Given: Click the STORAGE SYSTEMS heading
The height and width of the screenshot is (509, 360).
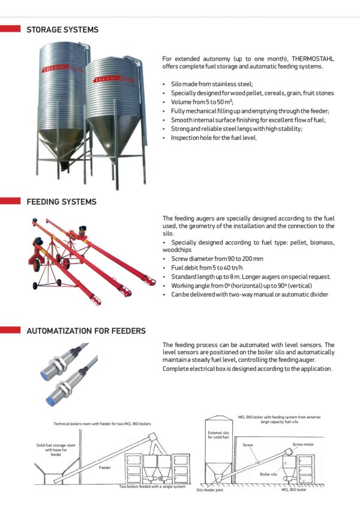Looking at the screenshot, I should (x=62, y=29).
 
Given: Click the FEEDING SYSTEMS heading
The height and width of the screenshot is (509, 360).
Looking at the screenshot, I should (x=61, y=202).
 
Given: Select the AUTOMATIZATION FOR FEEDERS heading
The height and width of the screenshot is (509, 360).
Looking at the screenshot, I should (x=86, y=331).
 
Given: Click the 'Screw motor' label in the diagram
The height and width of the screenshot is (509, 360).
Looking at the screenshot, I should (x=303, y=445).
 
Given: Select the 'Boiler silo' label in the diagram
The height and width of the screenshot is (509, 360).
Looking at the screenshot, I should (x=269, y=474).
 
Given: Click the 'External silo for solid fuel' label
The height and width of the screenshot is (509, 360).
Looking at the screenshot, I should (x=218, y=434).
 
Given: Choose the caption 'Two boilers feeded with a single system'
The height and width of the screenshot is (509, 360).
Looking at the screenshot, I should (x=152, y=487).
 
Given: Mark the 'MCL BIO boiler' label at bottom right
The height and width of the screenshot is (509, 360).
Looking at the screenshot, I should (x=294, y=490).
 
